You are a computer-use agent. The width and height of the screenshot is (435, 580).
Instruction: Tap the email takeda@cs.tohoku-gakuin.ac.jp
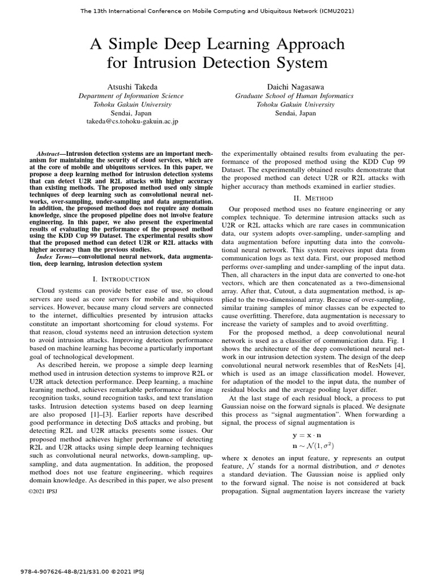(132, 122)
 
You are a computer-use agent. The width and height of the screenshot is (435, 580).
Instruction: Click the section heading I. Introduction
(121, 279)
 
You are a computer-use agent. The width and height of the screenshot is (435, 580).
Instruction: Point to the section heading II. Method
(313, 198)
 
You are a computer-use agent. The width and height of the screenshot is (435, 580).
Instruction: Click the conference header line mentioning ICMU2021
(217, 11)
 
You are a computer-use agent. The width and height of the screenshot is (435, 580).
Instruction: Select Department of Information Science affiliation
(131, 96)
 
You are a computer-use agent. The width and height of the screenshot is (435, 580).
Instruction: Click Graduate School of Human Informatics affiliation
(295, 96)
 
